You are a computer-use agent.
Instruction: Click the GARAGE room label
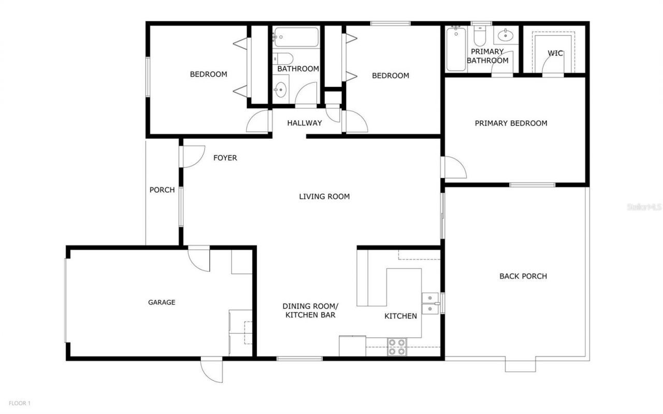pos(162,302)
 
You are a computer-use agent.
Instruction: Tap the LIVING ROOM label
pos(324,196)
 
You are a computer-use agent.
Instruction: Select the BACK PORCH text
pos(523,276)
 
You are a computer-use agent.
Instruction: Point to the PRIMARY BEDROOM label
pos(511,123)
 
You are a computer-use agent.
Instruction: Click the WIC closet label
pos(555,53)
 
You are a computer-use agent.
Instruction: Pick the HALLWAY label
pos(305,123)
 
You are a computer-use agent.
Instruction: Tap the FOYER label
pos(225,158)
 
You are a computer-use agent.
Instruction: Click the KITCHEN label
pos(400,316)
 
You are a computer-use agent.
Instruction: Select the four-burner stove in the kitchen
pos(397,347)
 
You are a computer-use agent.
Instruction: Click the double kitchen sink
pos(430,303)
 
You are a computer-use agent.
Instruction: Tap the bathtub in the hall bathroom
pos(296,37)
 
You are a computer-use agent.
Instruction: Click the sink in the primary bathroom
pos(504,36)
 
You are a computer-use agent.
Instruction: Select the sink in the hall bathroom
pos(281,89)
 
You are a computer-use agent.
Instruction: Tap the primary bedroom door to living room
pos(454,167)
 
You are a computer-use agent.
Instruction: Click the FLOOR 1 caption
pos(19,403)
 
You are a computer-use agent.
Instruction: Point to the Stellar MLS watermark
pos(644,207)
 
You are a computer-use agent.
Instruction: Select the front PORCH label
pos(162,190)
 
